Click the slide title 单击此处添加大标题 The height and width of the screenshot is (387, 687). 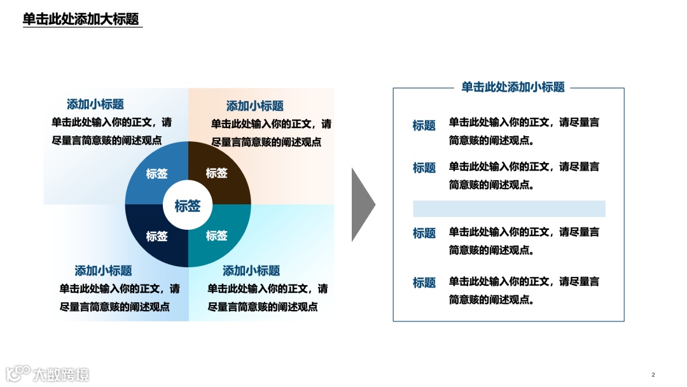(81, 19)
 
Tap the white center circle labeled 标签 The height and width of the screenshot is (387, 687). (188, 206)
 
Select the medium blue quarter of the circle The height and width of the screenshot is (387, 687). (153, 172)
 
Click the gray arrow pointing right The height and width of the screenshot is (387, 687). (362, 205)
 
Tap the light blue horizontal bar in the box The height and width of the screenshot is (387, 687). (509, 209)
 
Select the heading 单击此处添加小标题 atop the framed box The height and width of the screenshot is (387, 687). (513, 87)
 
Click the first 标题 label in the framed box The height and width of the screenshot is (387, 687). (424, 125)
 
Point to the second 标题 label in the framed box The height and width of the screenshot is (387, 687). (424, 168)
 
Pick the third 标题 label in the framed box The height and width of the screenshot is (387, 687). (424, 234)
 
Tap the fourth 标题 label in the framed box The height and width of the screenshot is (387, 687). (424, 283)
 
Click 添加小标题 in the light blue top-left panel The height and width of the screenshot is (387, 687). (95, 104)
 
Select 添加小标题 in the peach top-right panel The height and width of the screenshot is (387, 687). (255, 106)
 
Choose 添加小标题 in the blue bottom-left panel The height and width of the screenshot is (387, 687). (104, 271)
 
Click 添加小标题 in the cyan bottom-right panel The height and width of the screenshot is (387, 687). (251, 271)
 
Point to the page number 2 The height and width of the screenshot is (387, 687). (653, 374)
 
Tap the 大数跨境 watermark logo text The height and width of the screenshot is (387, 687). (61, 374)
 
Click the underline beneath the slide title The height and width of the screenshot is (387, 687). (83, 28)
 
